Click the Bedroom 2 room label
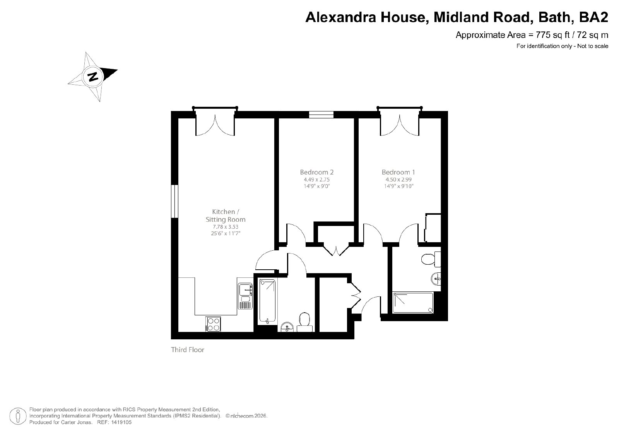coord(317,172)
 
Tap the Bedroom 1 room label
coord(398,172)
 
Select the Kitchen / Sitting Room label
coord(226,216)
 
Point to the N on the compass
coord(93,76)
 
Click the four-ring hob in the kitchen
coord(213,324)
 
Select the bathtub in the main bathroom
coord(267,302)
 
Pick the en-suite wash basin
coord(436,279)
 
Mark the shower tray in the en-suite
coord(413,303)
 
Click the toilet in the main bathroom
coord(304,322)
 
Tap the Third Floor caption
coord(188,349)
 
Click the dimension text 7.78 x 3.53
coord(226,227)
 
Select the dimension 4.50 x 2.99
coord(398,180)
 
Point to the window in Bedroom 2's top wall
coord(321,115)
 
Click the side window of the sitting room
coord(174,201)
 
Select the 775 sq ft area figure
coord(552,35)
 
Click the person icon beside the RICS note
coord(18,416)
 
